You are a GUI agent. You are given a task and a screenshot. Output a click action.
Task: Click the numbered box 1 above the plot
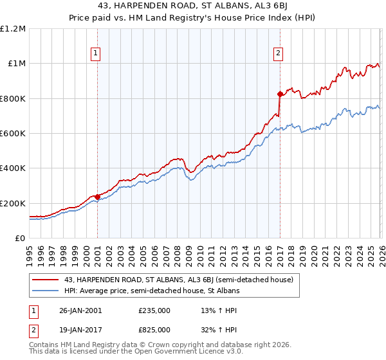pyautogui.click(x=95, y=54)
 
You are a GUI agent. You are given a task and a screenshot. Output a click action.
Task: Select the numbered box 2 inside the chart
pyautogui.click(x=279, y=54)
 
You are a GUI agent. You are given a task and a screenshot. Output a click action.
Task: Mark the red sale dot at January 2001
pyautogui.click(x=97, y=197)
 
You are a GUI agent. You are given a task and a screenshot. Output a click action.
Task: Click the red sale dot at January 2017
pyautogui.click(x=280, y=94)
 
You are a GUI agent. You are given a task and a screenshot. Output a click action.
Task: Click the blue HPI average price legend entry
pyautogui.click(x=152, y=291)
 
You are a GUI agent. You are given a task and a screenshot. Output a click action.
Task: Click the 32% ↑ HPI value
pyautogui.click(x=219, y=329)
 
